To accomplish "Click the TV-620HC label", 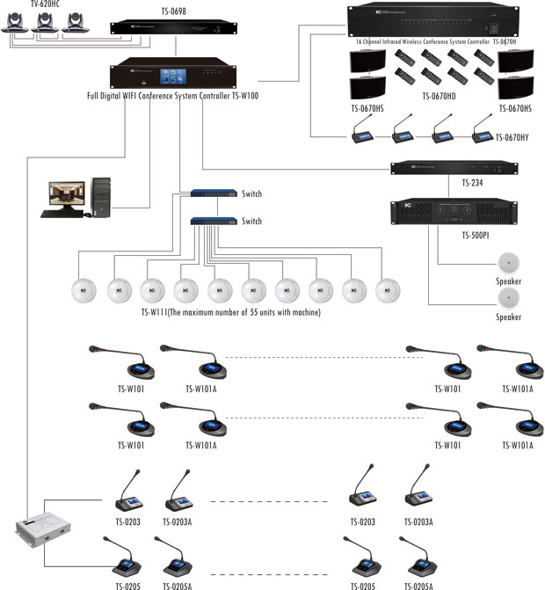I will (x=26, y=4).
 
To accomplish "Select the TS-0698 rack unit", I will (x=178, y=27).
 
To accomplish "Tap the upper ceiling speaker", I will (x=509, y=264).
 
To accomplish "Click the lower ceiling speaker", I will (x=509, y=299).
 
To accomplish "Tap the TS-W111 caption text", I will (x=231, y=312).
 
